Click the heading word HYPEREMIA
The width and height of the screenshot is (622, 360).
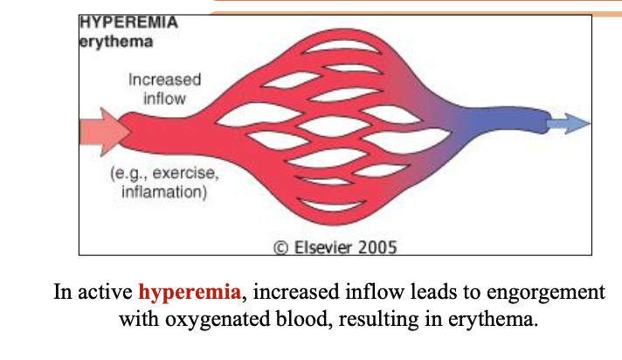[128, 22]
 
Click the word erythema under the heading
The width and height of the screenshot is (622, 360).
[116, 42]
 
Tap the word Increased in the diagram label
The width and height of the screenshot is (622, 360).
[164, 80]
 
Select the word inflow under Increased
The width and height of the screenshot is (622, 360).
[164, 99]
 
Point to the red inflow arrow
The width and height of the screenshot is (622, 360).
[105, 132]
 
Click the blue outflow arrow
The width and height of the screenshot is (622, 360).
[569, 123]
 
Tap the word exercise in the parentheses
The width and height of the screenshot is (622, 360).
[185, 173]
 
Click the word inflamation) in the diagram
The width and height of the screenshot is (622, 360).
[164, 192]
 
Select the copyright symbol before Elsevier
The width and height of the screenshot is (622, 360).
[280, 248]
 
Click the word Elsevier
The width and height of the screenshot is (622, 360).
[323, 247]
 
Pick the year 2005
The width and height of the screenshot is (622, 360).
[377, 247]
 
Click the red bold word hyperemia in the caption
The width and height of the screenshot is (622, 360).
[190, 293]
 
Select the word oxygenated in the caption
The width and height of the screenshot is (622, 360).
[218, 320]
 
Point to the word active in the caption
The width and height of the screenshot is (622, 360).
[105, 293]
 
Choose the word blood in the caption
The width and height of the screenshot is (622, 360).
[304, 319]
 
